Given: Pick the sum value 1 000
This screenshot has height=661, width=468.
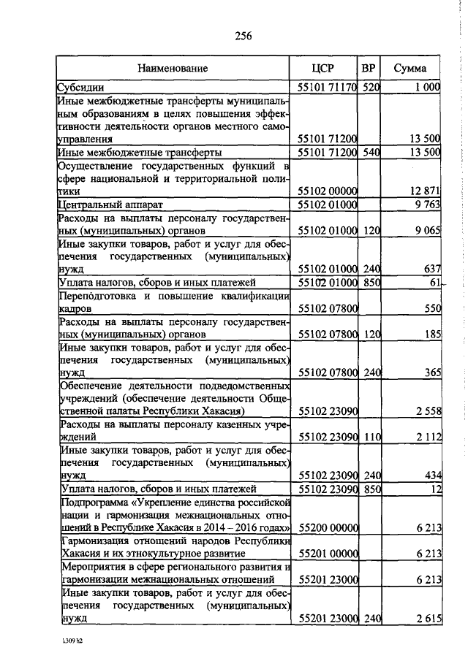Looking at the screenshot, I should (425, 87).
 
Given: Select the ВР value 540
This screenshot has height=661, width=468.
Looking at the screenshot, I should (372, 152).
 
